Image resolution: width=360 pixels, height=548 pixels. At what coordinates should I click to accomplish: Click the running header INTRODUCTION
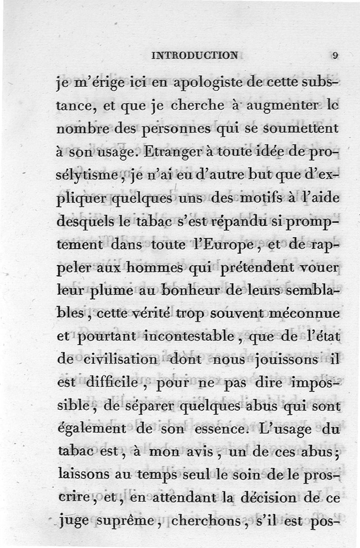(x=195, y=56)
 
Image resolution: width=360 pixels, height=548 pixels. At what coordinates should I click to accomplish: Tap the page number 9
(x=335, y=56)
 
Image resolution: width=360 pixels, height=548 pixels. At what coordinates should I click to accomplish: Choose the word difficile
(x=113, y=384)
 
